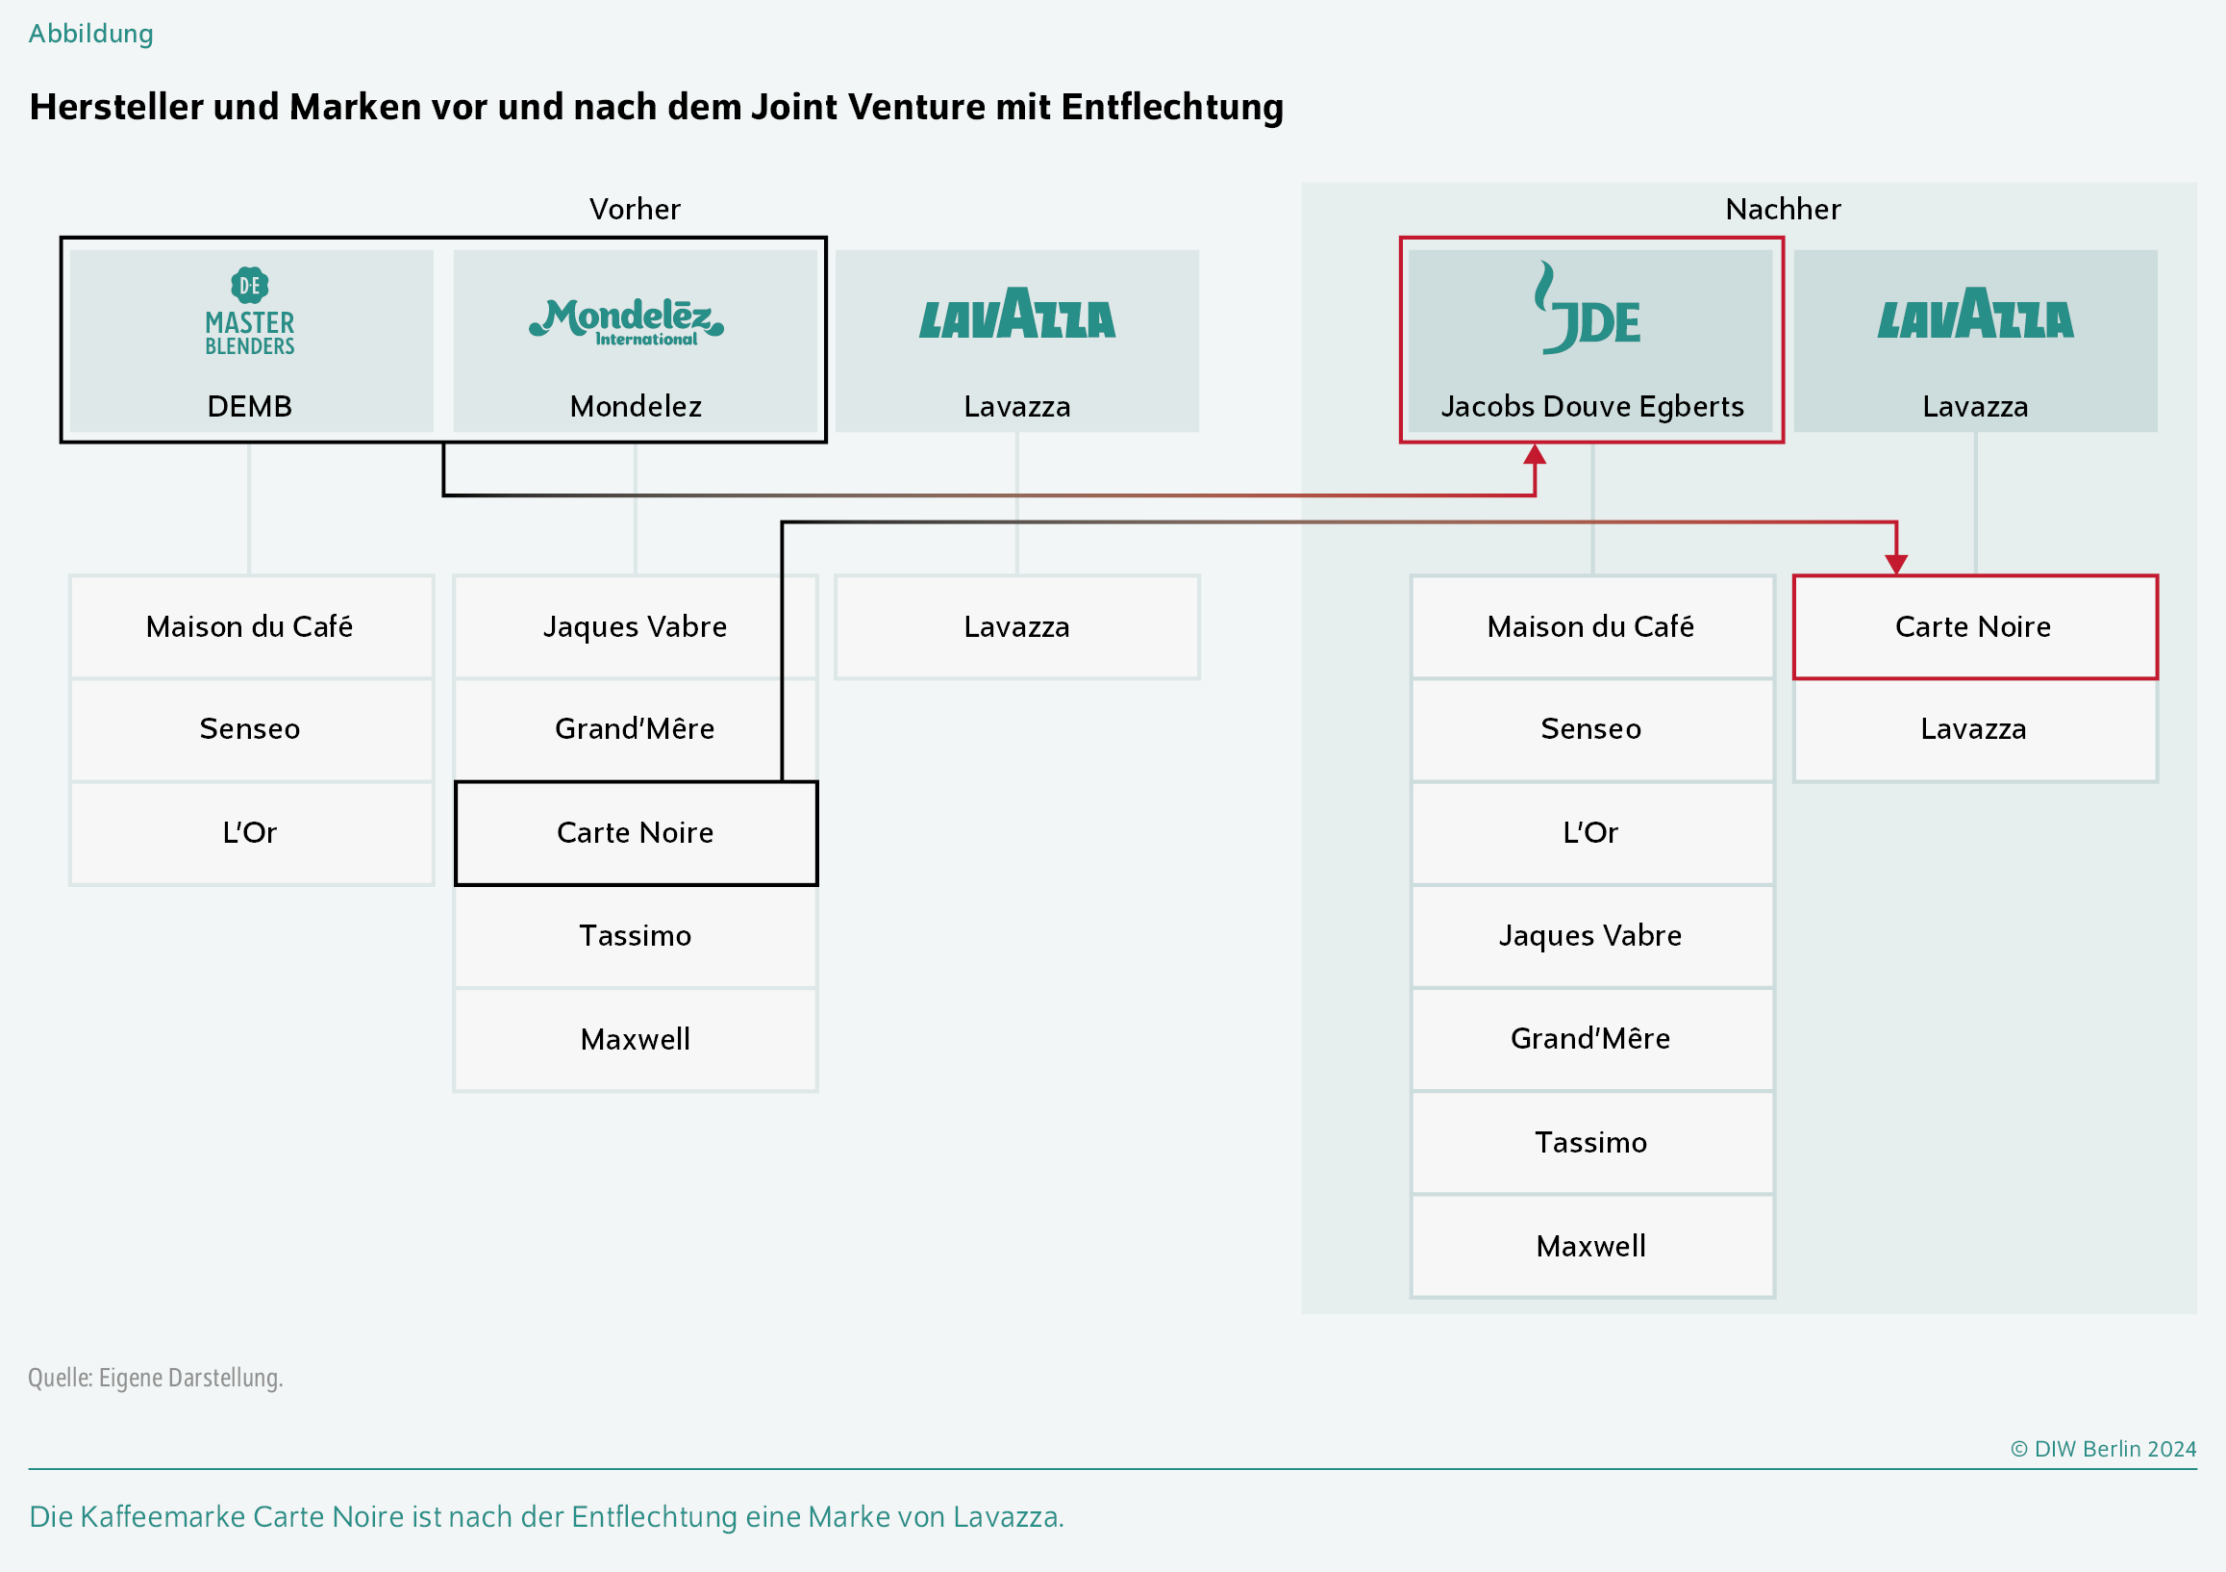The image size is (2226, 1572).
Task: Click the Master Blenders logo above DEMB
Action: pyautogui.click(x=249, y=312)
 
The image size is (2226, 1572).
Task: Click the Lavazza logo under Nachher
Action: pyautogui.click(x=1975, y=315)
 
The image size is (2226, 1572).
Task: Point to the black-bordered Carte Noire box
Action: pyautogui.click(x=635, y=833)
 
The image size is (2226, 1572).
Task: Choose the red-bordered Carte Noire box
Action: pyautogui.click(x=1974, y=627)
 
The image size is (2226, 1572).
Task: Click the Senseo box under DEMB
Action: pyautogui.click(x=250, y=729)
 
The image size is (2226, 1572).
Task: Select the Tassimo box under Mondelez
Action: pyautogui.click(x=635, y=936)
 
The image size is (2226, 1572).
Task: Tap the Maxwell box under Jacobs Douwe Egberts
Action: pyautogui.click(x=1591, y=1246)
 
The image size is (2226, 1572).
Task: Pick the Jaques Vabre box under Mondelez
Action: pyautogui.click(x=635, y=627)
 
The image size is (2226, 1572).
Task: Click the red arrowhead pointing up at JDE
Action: pyautogui.click(x=1534, y=455)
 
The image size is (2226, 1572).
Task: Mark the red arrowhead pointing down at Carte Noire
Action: pyautogui.click(x=1896, y=564)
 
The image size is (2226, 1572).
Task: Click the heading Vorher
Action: pyautogui.click(x=635, y=210)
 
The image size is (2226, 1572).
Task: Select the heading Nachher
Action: pyautogui.click(x=1783, y=210)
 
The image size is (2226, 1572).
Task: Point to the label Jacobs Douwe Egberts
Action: pyautogui.click(x=1592, y=406)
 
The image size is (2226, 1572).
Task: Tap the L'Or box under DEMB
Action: pyautogui.click(x=250, y=833)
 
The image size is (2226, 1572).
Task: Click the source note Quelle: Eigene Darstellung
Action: pyautogui.click(x=155, y=1378)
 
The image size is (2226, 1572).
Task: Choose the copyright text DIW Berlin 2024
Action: pyautogui.click(x=2113, y=1449)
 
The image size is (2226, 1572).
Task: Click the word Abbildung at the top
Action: pyautogui.click(x=91, y=34)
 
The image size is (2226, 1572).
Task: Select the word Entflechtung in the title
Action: pyautogui.click(x=1172, y=107)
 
